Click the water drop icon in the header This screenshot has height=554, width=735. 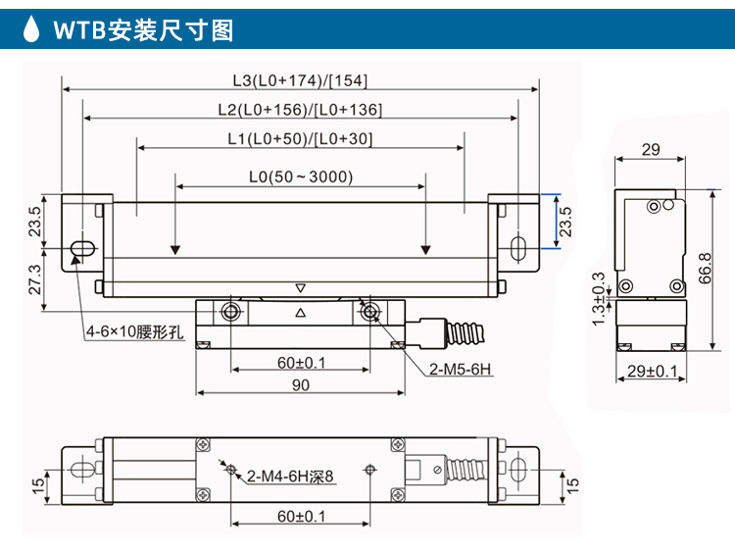(32, 28)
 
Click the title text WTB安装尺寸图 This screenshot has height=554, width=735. (143, 29)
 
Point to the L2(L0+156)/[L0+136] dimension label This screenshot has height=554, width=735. (299, 110)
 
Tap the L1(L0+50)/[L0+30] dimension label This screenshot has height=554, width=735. (299, 139)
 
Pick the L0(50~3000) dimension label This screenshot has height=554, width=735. (300, 177)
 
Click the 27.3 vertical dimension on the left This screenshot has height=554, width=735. (35, 279)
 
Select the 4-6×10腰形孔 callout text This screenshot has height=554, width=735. (134, 331)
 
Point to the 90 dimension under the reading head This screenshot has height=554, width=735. (301, 385)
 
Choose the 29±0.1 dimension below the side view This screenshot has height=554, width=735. (651, 371)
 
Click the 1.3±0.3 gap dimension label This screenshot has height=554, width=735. (599, 299)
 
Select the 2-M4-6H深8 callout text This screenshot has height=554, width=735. (290, 477)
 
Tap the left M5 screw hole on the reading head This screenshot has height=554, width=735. (231, 313)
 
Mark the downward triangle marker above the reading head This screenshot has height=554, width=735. (301, 288)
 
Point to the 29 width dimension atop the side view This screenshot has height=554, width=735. (650, 149)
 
